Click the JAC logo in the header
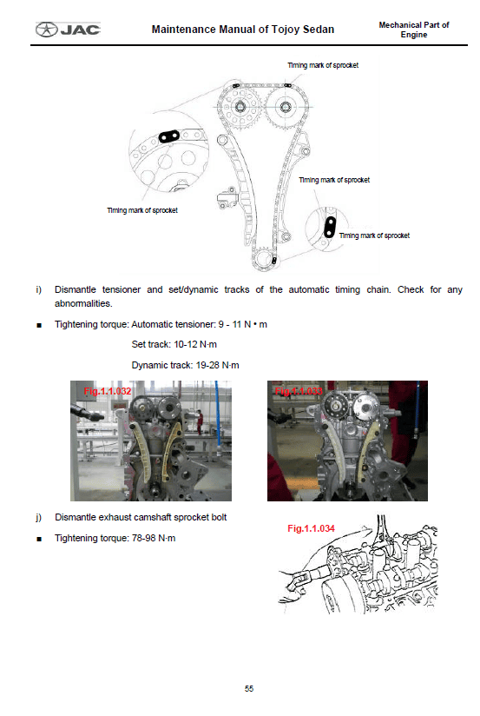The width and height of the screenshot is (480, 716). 68,30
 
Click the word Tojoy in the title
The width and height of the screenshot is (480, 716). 286,30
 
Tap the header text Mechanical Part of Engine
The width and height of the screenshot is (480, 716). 414,30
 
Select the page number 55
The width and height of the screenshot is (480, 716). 249,688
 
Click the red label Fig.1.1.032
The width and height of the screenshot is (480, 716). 108,391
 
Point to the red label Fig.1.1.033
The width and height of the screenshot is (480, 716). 299,391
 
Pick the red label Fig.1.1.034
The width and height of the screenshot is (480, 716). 312,528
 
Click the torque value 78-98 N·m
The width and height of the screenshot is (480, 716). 154,538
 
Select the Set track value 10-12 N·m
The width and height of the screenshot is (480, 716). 195,344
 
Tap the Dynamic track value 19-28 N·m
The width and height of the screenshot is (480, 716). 217,365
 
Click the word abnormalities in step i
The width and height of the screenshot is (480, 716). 83,303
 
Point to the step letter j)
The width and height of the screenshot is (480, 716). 39,517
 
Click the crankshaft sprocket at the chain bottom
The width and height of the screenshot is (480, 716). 264,259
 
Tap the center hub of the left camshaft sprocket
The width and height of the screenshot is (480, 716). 240,107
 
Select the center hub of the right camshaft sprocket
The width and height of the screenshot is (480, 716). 286,107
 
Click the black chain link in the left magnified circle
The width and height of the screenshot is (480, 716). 168,136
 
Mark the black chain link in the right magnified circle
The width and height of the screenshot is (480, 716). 330,228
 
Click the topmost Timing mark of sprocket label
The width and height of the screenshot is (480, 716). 323,65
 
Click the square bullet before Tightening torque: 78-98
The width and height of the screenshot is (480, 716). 39,539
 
